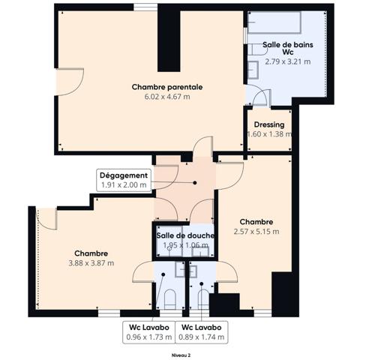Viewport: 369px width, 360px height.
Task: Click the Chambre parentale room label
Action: point(167,87)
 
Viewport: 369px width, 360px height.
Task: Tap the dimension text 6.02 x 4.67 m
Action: point(167,97)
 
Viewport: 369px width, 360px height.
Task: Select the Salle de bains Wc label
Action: point(288,49)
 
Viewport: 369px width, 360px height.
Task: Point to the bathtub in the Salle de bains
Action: point(274,22)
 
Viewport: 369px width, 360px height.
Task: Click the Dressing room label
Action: point(269,124)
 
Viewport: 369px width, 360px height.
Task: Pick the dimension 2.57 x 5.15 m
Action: point(256,232)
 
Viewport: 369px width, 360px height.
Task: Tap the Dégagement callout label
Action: point(124,175)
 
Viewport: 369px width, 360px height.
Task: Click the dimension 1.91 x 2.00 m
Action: point(124,185)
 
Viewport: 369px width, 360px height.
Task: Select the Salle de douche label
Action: point(185,235)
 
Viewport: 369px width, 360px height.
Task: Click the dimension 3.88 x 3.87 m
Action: point(91,263)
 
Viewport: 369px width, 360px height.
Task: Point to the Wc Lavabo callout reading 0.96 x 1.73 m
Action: point(149,332)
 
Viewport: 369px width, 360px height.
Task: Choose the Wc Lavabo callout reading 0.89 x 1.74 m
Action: point(202,332)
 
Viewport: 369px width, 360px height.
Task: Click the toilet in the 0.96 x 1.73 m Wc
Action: point(170,299)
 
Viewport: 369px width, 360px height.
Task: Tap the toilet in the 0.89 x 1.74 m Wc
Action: point(203,299)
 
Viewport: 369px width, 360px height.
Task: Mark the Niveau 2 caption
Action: point(181,355)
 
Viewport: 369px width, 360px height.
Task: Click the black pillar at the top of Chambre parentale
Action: point(169,38)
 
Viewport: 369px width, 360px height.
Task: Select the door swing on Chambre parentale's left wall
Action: point(70,82)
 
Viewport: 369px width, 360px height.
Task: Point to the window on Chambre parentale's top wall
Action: point(145,7)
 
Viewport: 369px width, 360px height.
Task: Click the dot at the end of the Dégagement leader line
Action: point(195,183)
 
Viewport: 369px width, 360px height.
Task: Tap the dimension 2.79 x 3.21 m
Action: point(288,61)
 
